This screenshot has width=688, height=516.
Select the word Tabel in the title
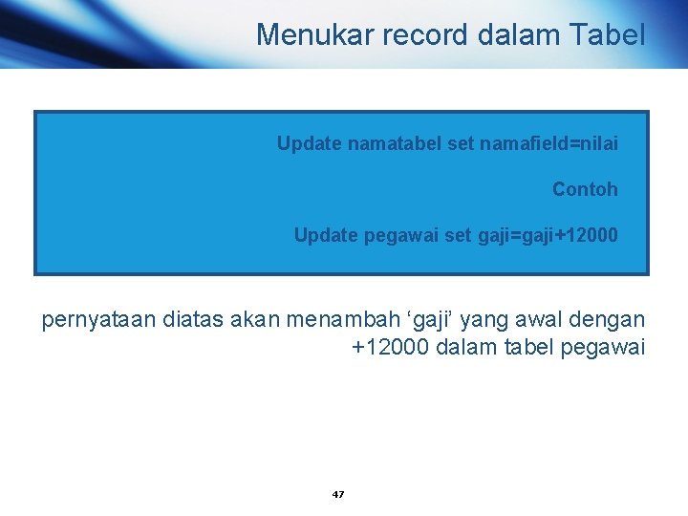[608, 35]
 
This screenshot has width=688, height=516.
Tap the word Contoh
[585, 189]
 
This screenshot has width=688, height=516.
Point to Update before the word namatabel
[310, 143]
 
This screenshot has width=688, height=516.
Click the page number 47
[337, 494]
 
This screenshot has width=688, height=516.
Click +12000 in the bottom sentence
[390, 347]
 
